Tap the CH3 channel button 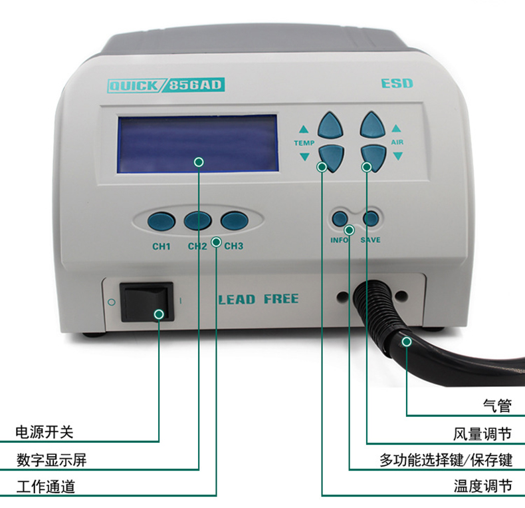(x=235, y=221)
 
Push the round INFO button (x=340, y=219)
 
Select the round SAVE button (x=371, y=219)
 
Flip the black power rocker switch (x=147, y=302)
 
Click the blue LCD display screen (x=197, y=144)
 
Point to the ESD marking (x=397, y=83)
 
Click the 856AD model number (x=195, y=85)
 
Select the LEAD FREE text (x=259, y=299)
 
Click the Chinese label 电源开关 (x=45, y=432)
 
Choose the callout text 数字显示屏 (x=52, y=459)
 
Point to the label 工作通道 (x=46, y=487)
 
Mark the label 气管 (x=497, y=405)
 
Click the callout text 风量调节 (x=482, y=434)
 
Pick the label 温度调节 (x=483, y=486)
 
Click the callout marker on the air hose (x=407, y=342)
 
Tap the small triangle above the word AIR (x=397, y=128)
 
